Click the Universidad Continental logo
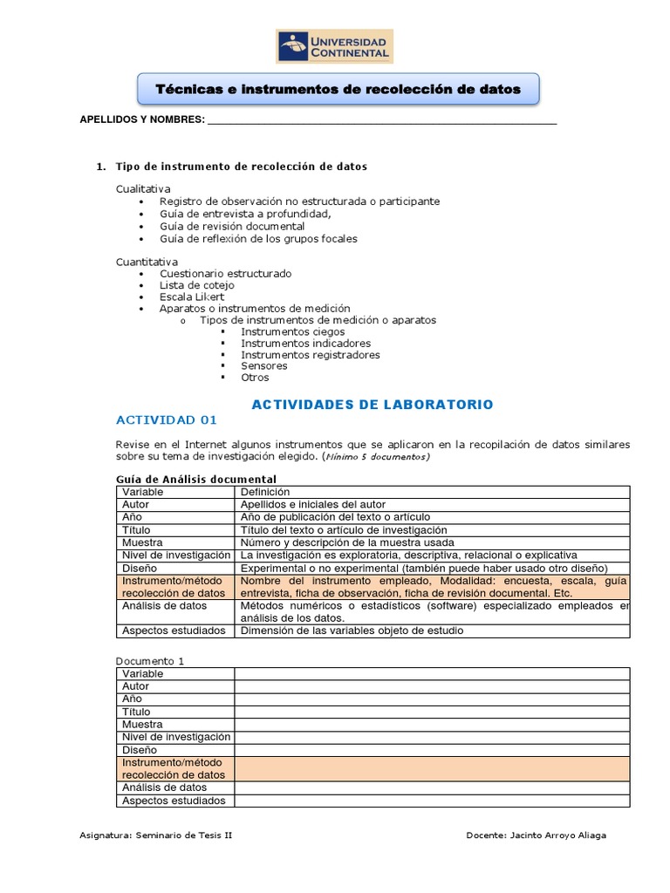click(334, 46)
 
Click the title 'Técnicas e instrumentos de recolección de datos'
click(338, 89)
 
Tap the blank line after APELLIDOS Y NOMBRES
click(381, 121)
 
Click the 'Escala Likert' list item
click(191, 297)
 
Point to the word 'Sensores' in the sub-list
click(263, 366)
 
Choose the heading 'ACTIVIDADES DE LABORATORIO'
click(372, 405)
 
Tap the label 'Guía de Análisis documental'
click(196, 479)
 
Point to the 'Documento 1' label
click(150, 661)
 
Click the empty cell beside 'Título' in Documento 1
click(432, 712)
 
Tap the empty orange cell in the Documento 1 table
click(432, 768)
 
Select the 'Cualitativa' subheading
click(144, 189)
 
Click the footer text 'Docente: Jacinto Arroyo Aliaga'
click(536, 835)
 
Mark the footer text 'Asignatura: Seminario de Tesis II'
click(156, 835)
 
